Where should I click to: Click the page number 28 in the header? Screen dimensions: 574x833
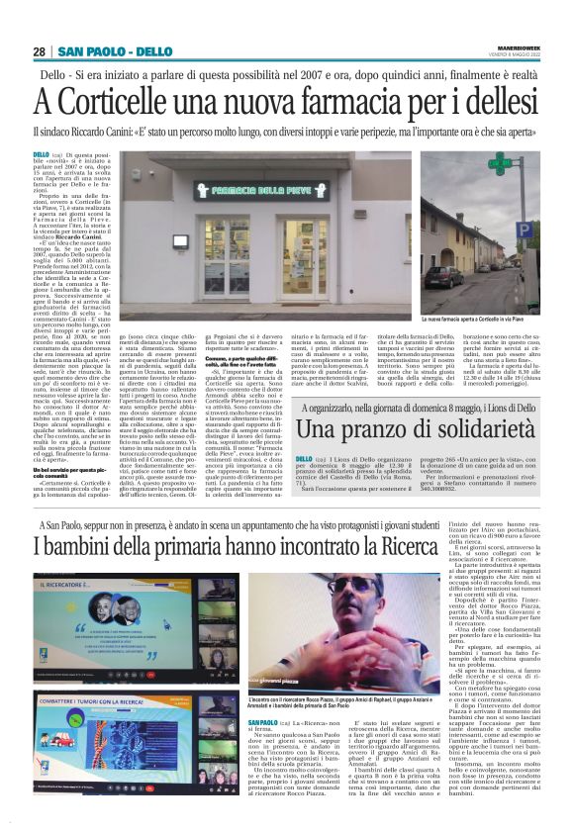click(40, 51)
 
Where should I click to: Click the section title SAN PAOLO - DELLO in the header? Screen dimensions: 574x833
click(114, 51)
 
